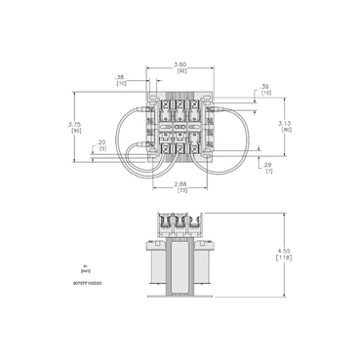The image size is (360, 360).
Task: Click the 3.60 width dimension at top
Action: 180,64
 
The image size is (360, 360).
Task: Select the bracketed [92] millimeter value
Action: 180,72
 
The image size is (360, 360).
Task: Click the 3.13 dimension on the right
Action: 285,124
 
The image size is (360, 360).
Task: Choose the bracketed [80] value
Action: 285,131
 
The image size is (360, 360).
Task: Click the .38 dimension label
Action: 119,76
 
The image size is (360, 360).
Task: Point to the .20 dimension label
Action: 102,141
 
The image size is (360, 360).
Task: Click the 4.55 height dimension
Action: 284,251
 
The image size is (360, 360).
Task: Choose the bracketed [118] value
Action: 284,259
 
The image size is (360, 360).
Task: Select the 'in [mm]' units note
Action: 85,266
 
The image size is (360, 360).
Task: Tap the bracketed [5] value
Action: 102,148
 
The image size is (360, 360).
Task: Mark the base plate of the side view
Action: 179,297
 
